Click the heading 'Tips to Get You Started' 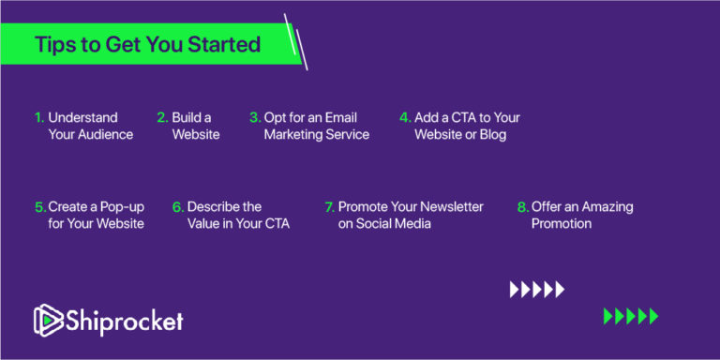point(147,45)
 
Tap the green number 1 point(39,118)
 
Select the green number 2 point(162,118)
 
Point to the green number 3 point(255,118)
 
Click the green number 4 point(405,118)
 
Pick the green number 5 point(39,206)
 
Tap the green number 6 point(177,206)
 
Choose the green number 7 point(329,206)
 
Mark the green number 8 point(522,206)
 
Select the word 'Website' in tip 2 point(196,134)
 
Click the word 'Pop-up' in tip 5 point(116,206)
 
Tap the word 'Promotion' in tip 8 point(562,223)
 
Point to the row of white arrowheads point(537,290)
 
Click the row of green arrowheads point(630,316)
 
